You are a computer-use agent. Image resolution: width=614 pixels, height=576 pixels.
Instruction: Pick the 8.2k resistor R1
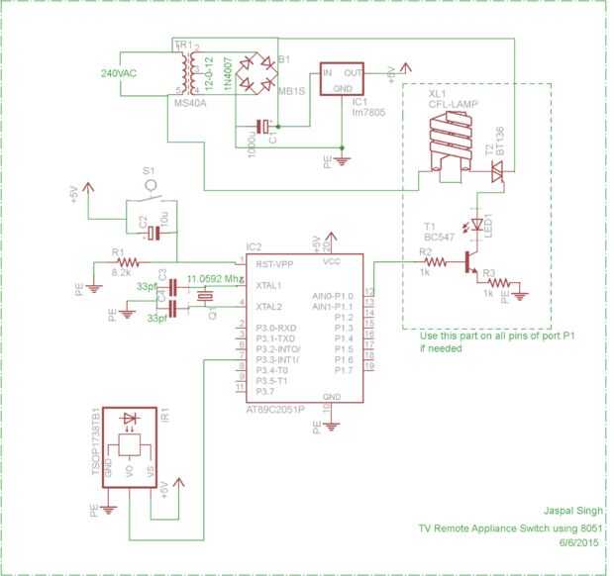pyautogui.click(x=126, y=262)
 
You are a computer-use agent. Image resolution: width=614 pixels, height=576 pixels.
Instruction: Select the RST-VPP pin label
pyautogui.click(x=274, y=265)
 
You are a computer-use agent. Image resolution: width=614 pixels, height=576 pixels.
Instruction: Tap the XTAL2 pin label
pyautogui.click(x=269, y=307)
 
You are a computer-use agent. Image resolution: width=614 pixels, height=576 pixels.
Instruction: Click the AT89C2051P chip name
pyautogui.click(x=280, y=409)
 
